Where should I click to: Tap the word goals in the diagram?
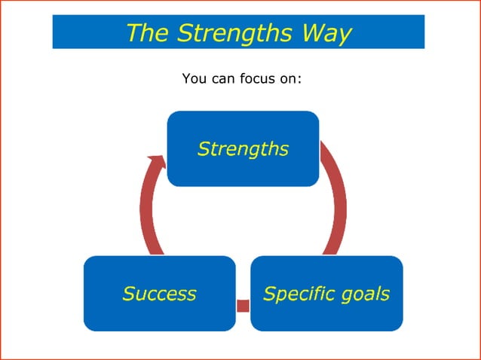click(365, 294)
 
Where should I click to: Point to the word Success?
click(159, 293)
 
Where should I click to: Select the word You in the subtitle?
click(193, 78)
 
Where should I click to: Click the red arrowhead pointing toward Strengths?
click(156, 162)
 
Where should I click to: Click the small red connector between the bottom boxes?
click(243, 305)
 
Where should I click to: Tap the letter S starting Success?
click(128, 293)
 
